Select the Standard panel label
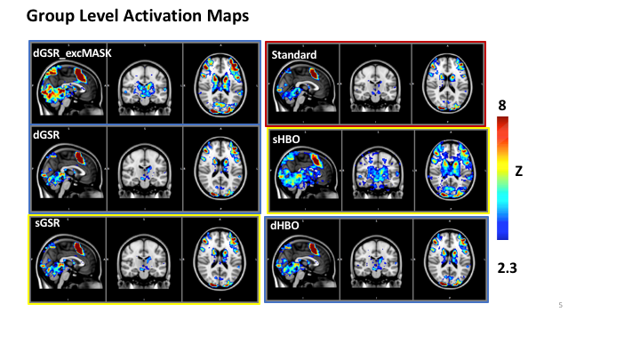294,55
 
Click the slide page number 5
560,306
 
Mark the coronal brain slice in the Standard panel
377,83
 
